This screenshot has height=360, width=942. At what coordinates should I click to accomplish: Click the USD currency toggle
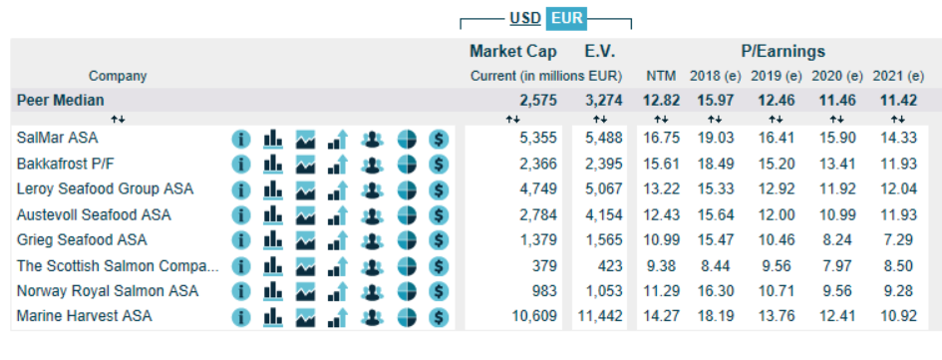pos(525,19)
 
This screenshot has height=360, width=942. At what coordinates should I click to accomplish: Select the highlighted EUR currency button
pos(566,19)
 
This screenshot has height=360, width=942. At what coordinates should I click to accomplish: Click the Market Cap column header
pos(513,51)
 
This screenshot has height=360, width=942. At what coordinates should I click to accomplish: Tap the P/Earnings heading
pos(783,51)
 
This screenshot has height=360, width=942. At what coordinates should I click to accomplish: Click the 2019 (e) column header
pos(777,77)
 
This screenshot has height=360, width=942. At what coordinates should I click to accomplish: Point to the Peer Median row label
pos(60,100)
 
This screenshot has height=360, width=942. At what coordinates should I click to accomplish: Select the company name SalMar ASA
pos(57,139)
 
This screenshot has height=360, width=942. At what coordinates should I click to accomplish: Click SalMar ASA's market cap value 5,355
pos(538,139)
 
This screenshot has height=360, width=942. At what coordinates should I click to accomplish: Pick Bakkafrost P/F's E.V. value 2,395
pos(604,164)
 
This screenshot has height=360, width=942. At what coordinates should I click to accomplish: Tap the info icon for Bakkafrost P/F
pos(241,165)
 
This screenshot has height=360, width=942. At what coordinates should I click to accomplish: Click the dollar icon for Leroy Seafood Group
pos(440,189)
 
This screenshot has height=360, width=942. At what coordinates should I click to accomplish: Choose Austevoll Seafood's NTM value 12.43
pos(662,214)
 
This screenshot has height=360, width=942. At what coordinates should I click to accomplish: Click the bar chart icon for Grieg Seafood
pos(273,239)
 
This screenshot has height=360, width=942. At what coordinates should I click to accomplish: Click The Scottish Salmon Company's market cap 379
pos(544,265)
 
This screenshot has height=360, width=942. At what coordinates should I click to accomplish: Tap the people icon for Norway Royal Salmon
pos(373,291)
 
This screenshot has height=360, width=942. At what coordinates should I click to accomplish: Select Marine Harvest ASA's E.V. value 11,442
pos(599,316)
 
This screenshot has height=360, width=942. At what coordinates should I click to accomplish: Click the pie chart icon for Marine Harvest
pos(407,317)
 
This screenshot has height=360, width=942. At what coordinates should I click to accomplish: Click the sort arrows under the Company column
pos(119,119)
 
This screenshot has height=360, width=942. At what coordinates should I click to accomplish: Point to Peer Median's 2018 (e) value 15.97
pos(716,100)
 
